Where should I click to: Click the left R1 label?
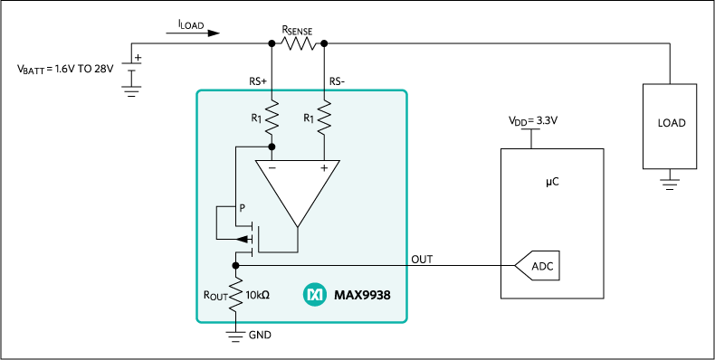tap(256, 118)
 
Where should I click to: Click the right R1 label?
tap(309, 118)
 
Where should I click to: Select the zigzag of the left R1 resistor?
tap(272, 115)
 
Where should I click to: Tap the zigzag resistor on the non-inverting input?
tap(325, 115)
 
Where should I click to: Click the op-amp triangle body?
tap(298, 185)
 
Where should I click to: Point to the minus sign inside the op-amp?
tap(272, 168)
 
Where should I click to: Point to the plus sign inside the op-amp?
tap(323, 168)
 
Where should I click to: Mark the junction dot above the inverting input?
tap(272, 146)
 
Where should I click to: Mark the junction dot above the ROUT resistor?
tap(235, 265)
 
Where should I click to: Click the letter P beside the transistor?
tap(242, 208)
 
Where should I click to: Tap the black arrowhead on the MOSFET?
tap(242, 239)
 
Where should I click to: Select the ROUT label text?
tap(216, 295)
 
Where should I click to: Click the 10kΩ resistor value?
tap(258, 295)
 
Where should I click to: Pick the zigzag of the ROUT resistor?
tap(235, 294)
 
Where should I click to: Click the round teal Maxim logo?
tap(315, 294)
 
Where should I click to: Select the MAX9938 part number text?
tap(362, 295)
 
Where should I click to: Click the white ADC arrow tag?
tap(539, 266)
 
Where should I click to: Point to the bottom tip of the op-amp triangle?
tap(298, 225)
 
